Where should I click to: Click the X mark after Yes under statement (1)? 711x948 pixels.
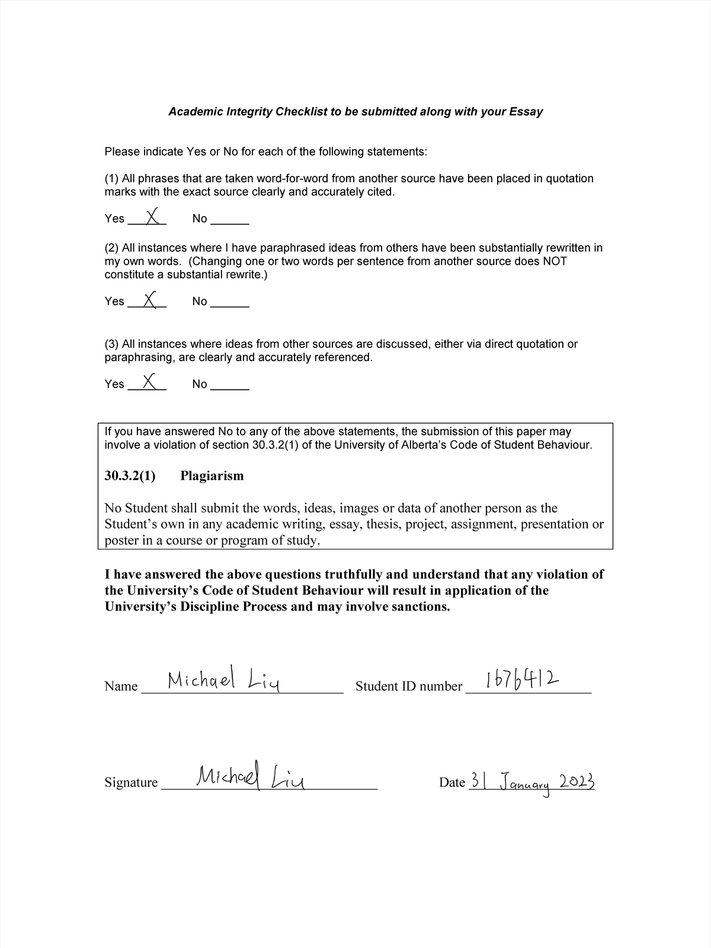pyautogui.click(x=152, y=216)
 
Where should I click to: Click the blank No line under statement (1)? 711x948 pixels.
pyautogui.click(x=230, y=223)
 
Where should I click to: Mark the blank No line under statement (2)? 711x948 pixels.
pyautogui.click(x=230, y=306)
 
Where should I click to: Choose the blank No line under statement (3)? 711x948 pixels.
pyautogui.click(x=230, y=388)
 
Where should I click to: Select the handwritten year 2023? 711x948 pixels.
pyautogui.click(x=577, y=782)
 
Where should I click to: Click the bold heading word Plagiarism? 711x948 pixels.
pyautogui.click(x=212, y=476)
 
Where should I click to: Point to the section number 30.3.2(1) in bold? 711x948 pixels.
pyautogui.click(x=130, y=476)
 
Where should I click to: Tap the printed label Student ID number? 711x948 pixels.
pyautogui.click(x=408, y=686)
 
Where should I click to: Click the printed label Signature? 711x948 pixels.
pyautogui.click(x=131, y=782)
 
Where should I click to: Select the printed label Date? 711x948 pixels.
pyautogui.click(x=452, y=782)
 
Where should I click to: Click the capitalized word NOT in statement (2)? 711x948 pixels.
pyautogui.click(x=555, y=261)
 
